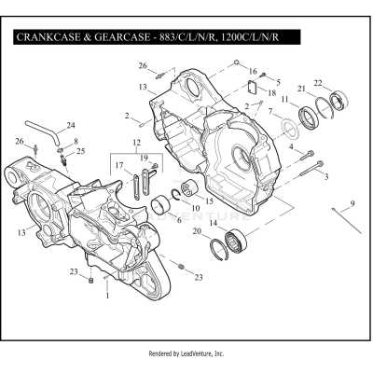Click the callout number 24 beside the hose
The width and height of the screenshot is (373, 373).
click(x=71, y=125)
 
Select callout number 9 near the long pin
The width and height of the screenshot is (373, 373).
click(x=352, y=203)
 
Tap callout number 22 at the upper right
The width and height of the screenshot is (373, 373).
click(x=319, y=84)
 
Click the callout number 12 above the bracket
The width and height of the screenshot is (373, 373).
click(x=136, y=144)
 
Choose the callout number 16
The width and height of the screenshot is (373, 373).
click(x=252, y=70)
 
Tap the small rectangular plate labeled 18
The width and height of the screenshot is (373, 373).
click(x=251, y=90)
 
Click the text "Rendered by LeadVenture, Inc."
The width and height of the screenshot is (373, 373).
click(x=186, y=354)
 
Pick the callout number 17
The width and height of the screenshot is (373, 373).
click(x=118, y=166)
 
